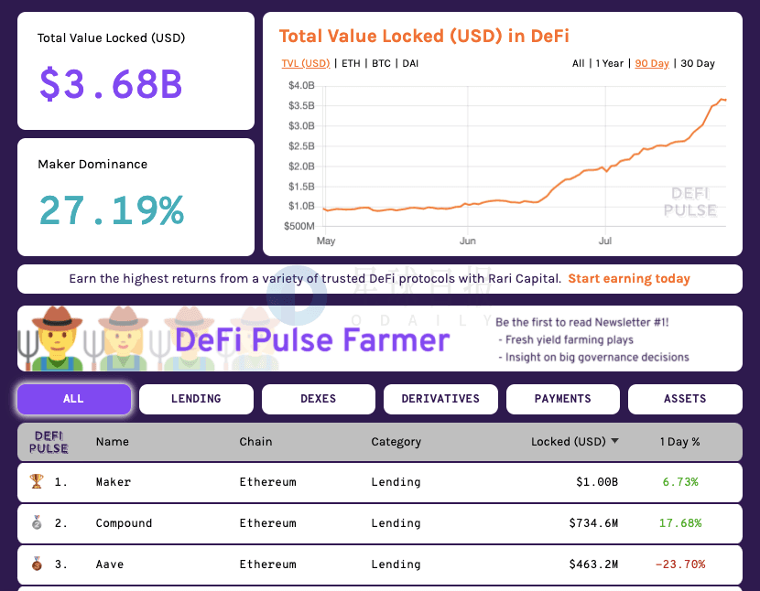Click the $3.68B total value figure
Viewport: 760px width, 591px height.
coord(111,84)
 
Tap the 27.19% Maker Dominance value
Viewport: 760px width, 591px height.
coord(112,210)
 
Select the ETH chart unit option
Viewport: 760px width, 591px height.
coord(351,63)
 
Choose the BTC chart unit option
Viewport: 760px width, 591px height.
coord(381,63)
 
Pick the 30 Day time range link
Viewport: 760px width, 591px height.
coord(698,63)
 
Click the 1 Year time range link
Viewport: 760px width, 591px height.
coord(609,63)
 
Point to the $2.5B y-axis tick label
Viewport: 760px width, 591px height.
coord(301,145)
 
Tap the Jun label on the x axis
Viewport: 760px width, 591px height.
coord(468,241)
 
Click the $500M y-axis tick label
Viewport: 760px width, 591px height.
coord(299,226)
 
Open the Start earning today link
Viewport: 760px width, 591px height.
coord(629,278)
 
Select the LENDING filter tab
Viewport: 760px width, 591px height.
coord(196,399)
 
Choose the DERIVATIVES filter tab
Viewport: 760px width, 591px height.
coord(440,399)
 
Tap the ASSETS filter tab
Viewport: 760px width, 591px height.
coord(685,399)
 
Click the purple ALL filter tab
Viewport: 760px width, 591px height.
coord(74,399)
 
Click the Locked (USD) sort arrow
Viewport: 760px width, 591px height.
coord(614,441)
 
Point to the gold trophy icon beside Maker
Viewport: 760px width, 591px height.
coord(37,481)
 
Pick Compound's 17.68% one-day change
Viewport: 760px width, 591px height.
coord(680,523)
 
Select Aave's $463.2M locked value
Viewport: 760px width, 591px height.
coord(593,564)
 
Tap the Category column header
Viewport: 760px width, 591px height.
coord(396,442)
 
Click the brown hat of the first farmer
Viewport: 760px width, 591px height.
coord(57,317)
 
